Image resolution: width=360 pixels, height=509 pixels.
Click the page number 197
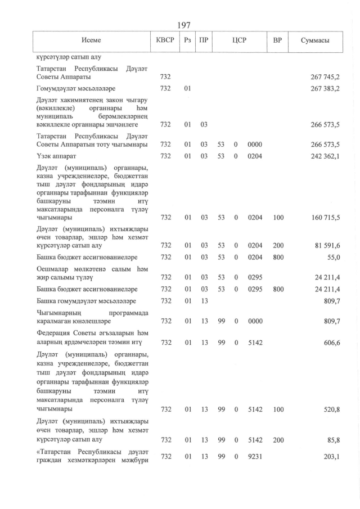(184, 25)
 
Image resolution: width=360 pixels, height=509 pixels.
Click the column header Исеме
(91, 41)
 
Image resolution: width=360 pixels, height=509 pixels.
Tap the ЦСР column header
(239, 41)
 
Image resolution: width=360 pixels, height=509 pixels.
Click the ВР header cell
(277, 41)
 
